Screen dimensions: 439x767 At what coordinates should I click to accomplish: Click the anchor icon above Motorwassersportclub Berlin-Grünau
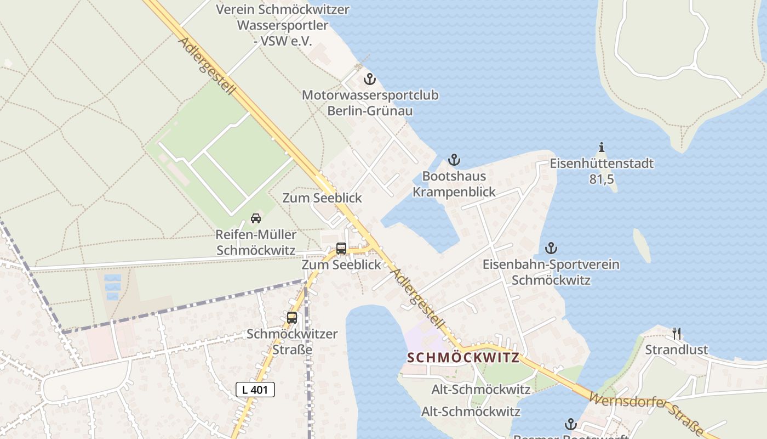[370, 80]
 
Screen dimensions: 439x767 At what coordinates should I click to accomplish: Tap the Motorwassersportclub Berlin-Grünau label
[370, 103]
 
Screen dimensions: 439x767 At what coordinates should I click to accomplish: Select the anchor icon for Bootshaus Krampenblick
[454, 160]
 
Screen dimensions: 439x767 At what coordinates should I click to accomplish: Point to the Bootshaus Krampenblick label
[454, 184]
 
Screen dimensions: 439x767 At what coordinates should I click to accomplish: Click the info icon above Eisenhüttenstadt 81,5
[602, 147]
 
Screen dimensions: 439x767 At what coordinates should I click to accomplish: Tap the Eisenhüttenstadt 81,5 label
[602, 171]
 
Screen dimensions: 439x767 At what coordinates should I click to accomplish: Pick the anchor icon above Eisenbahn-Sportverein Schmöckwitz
[551, 248]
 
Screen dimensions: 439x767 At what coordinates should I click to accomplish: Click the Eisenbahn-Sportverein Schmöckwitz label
[551, 272]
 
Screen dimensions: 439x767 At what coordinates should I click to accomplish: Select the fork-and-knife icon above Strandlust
[677, 333]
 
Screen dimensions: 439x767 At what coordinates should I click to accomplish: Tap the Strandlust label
[676, 350]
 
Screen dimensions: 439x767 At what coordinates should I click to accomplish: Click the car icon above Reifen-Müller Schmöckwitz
[256, 218]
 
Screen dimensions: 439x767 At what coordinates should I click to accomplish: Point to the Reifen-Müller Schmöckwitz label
[256, 243]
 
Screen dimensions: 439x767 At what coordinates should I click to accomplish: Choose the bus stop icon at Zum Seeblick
[341, 249]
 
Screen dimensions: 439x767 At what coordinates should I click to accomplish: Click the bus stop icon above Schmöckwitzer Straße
[292, 317]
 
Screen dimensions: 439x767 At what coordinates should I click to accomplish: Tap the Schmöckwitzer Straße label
[292, 341]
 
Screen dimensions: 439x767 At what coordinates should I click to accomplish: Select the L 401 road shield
[255, 390]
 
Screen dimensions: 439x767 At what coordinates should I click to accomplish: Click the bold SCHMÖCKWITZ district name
[463, 358]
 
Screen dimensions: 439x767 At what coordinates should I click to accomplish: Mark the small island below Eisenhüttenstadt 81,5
[642, 245]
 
